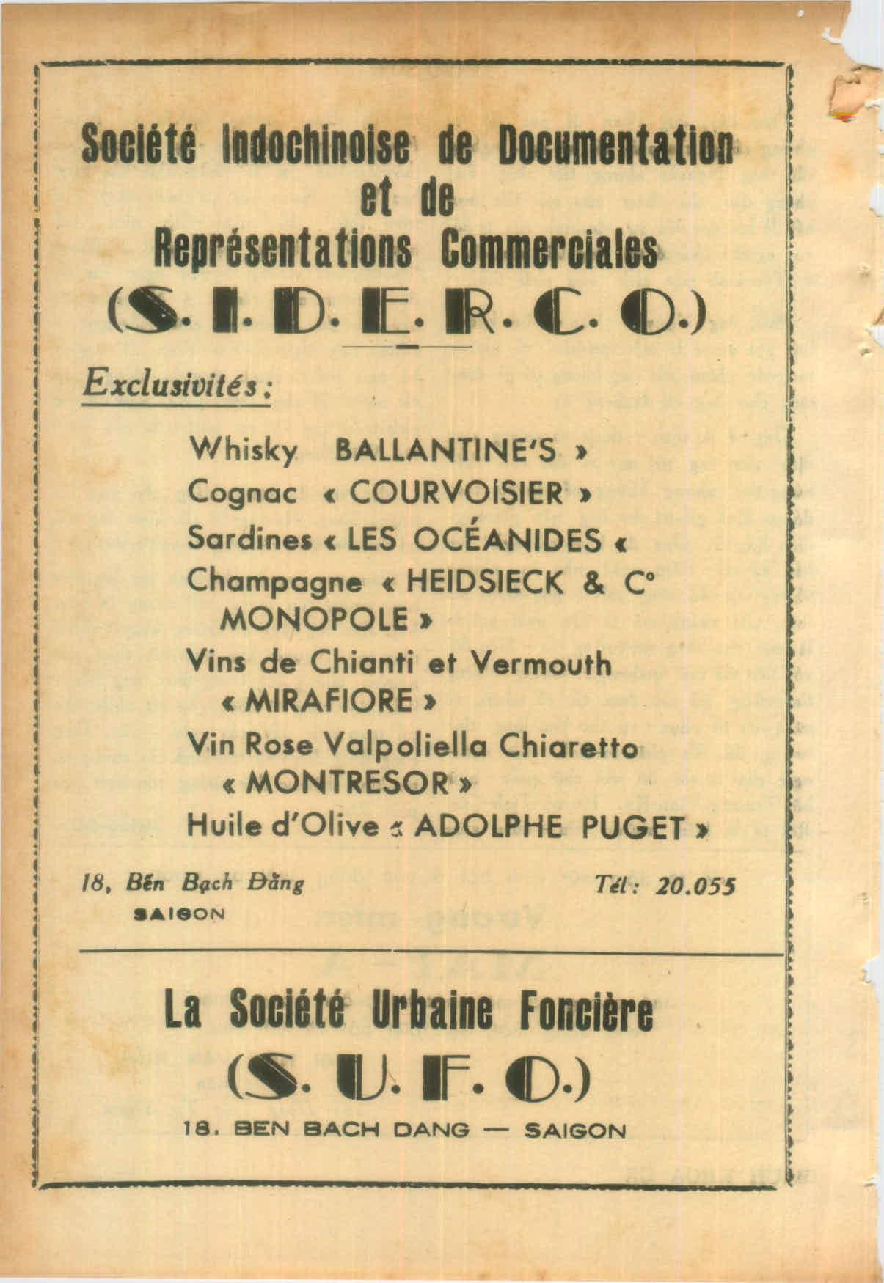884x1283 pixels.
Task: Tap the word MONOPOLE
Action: (x=315, y=620)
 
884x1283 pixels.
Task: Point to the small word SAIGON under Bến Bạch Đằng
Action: (x=179, y=914)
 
